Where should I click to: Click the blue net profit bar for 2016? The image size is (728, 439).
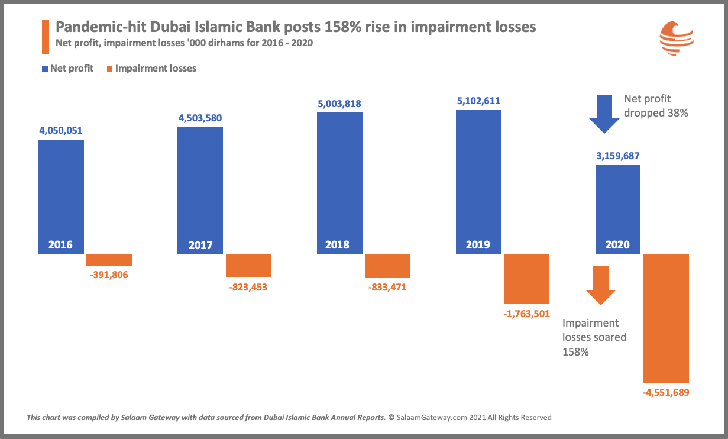pos(61,197)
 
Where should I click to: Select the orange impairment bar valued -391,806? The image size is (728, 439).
pos(109,260)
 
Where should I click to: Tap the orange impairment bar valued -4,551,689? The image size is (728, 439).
pos(666,319)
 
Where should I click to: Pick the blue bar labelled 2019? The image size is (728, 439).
pos(478,182)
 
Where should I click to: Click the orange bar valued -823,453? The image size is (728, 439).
pos(248,266)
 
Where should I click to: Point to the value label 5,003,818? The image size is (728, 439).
pos(339,104)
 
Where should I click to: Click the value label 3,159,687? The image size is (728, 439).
pos(618,156)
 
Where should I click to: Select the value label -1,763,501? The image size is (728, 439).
pos(526,314)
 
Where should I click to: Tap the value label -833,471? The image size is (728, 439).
pos(387,287)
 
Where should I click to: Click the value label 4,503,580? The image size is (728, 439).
pos(200,118)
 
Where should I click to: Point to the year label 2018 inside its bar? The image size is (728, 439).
pos(337,244)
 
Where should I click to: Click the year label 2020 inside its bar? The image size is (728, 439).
pos(617,244)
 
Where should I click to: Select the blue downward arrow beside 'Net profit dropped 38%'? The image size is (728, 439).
pos(604,114)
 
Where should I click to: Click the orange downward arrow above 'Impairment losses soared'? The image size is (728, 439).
pos(601,286)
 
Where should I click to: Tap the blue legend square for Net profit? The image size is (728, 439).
pos(45,69)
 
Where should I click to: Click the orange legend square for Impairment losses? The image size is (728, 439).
pos(110,69)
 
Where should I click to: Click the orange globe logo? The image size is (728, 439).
pos(677,38)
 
